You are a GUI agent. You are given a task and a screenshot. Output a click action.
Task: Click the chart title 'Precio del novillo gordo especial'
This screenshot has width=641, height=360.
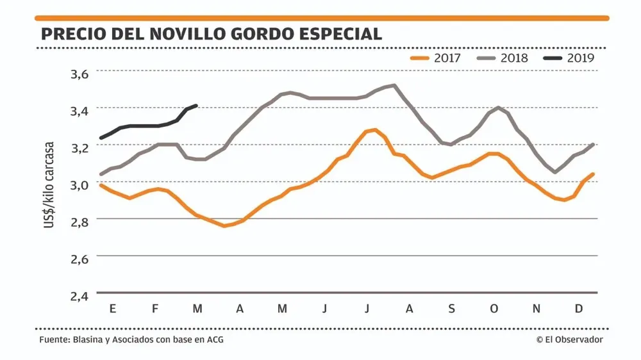point(211,33)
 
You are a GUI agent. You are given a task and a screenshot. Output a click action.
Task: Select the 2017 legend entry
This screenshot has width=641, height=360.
point(435,58)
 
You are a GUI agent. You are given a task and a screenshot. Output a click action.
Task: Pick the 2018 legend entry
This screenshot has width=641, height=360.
point(503,58)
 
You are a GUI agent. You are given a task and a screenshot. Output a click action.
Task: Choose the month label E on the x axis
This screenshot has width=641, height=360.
point(113,309)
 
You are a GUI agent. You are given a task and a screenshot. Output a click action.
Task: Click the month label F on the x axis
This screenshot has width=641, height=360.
point(155,309)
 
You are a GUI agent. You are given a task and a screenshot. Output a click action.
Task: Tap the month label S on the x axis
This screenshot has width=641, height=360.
point(451,309)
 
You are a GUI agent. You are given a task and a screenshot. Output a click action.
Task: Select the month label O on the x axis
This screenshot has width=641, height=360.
point(494,309)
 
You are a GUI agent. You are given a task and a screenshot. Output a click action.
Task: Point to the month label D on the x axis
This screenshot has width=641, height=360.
point(578,309)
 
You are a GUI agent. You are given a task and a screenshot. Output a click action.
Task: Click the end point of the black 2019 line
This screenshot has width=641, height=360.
point(196,106)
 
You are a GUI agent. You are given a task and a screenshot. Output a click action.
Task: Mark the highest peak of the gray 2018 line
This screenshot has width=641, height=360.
point(394,85)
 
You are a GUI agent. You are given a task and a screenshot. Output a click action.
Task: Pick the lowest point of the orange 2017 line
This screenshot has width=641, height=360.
point(224,225)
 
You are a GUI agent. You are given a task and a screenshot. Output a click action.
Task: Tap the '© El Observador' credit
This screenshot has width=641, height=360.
point(569,340)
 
